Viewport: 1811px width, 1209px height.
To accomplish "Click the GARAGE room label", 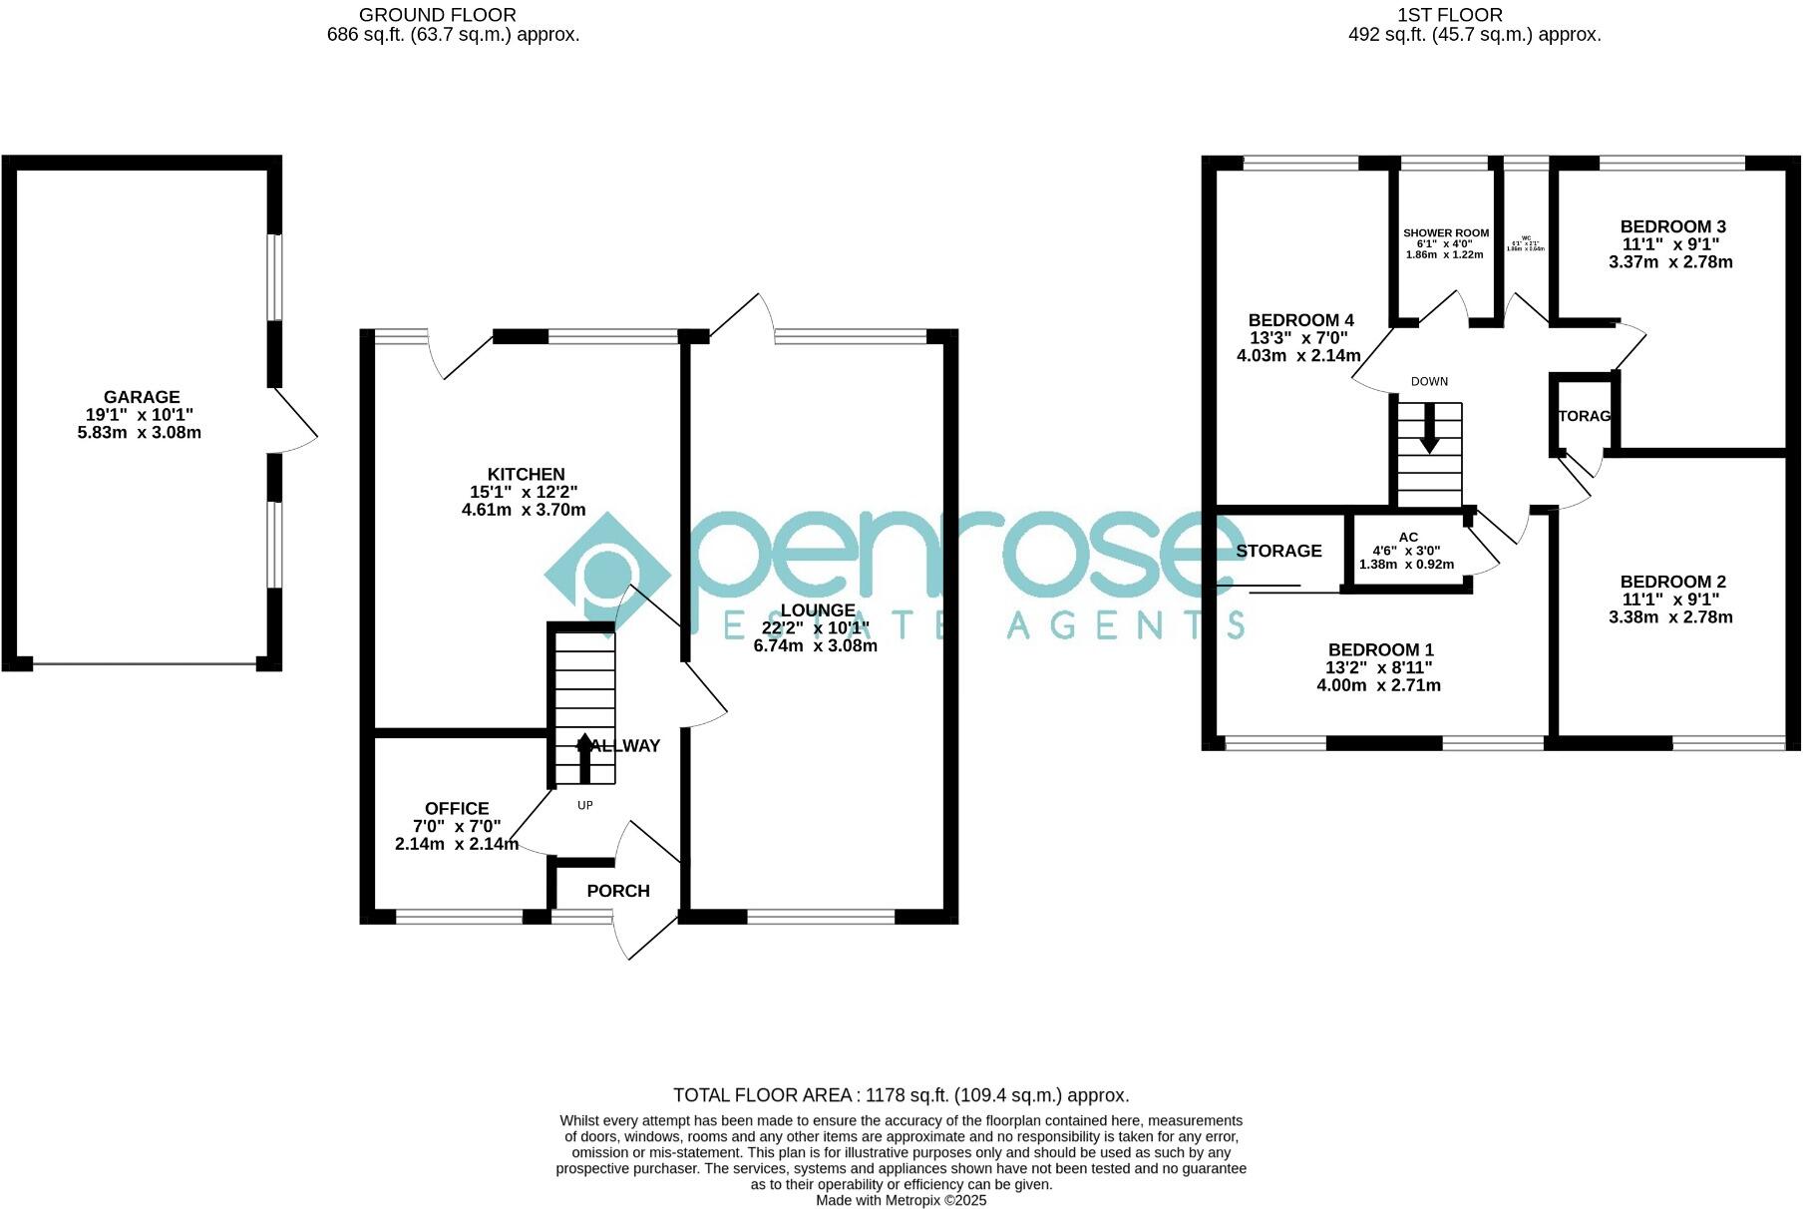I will tap(141, 397).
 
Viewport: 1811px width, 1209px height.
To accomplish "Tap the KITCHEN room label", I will tap(526, 475).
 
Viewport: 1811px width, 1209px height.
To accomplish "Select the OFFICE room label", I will tap(457, 809).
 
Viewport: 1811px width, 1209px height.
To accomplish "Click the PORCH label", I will tap(617, 891).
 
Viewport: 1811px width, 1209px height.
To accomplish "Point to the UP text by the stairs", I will tap(585, 805).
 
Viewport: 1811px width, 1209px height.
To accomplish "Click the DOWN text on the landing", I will tap(1429, 382).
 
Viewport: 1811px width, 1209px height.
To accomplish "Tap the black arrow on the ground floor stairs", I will tap(584, 757).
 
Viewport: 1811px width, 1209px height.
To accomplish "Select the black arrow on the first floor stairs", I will tap(1429, 429).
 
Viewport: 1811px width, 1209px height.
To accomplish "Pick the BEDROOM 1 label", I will tap(1380, 650).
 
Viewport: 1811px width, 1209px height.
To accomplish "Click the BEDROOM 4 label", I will tap(1300, 320).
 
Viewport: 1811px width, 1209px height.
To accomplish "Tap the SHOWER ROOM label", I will tap(1445, 233).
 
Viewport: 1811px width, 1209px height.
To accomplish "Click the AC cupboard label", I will tap(1408, 538).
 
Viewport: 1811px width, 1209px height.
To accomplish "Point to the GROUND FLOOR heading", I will tap(437, 15).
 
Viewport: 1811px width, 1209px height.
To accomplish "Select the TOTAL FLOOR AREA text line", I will tap(901, 1095).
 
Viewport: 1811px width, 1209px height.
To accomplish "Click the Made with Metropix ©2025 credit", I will tap(901, 1200).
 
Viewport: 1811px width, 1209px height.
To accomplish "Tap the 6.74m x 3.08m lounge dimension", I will tap(815, 645).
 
